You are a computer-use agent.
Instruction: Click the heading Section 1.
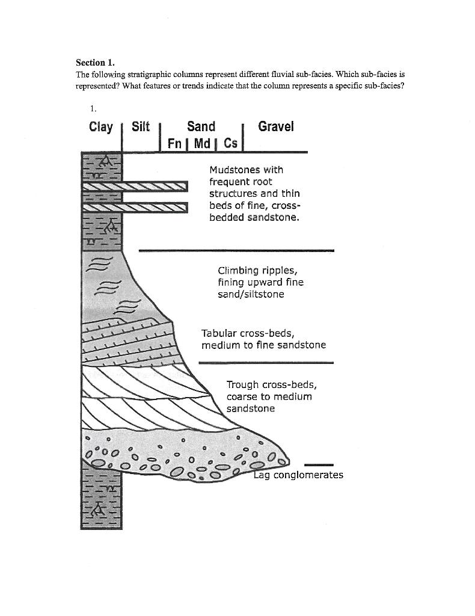coord(94,63)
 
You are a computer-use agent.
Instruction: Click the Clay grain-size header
coord(100,127)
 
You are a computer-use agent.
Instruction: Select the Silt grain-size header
coord(140,127)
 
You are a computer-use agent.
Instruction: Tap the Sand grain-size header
coord(201,126)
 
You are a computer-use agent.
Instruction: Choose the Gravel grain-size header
coord(276,126)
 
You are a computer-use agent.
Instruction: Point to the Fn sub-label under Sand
coord(175,144)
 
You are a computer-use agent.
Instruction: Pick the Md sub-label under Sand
coord(202,144)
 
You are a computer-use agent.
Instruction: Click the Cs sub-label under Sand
coord(230,144)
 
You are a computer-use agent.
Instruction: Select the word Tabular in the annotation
coord(219,333)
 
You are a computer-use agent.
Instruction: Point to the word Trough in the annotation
coord(244,384)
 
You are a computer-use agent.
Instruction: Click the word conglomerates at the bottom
coord(308,475)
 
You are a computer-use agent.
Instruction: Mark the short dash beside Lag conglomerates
coord(319,464)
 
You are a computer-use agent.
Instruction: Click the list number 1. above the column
coord(93,108)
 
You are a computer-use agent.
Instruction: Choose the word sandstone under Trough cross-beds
coord(251,408)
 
